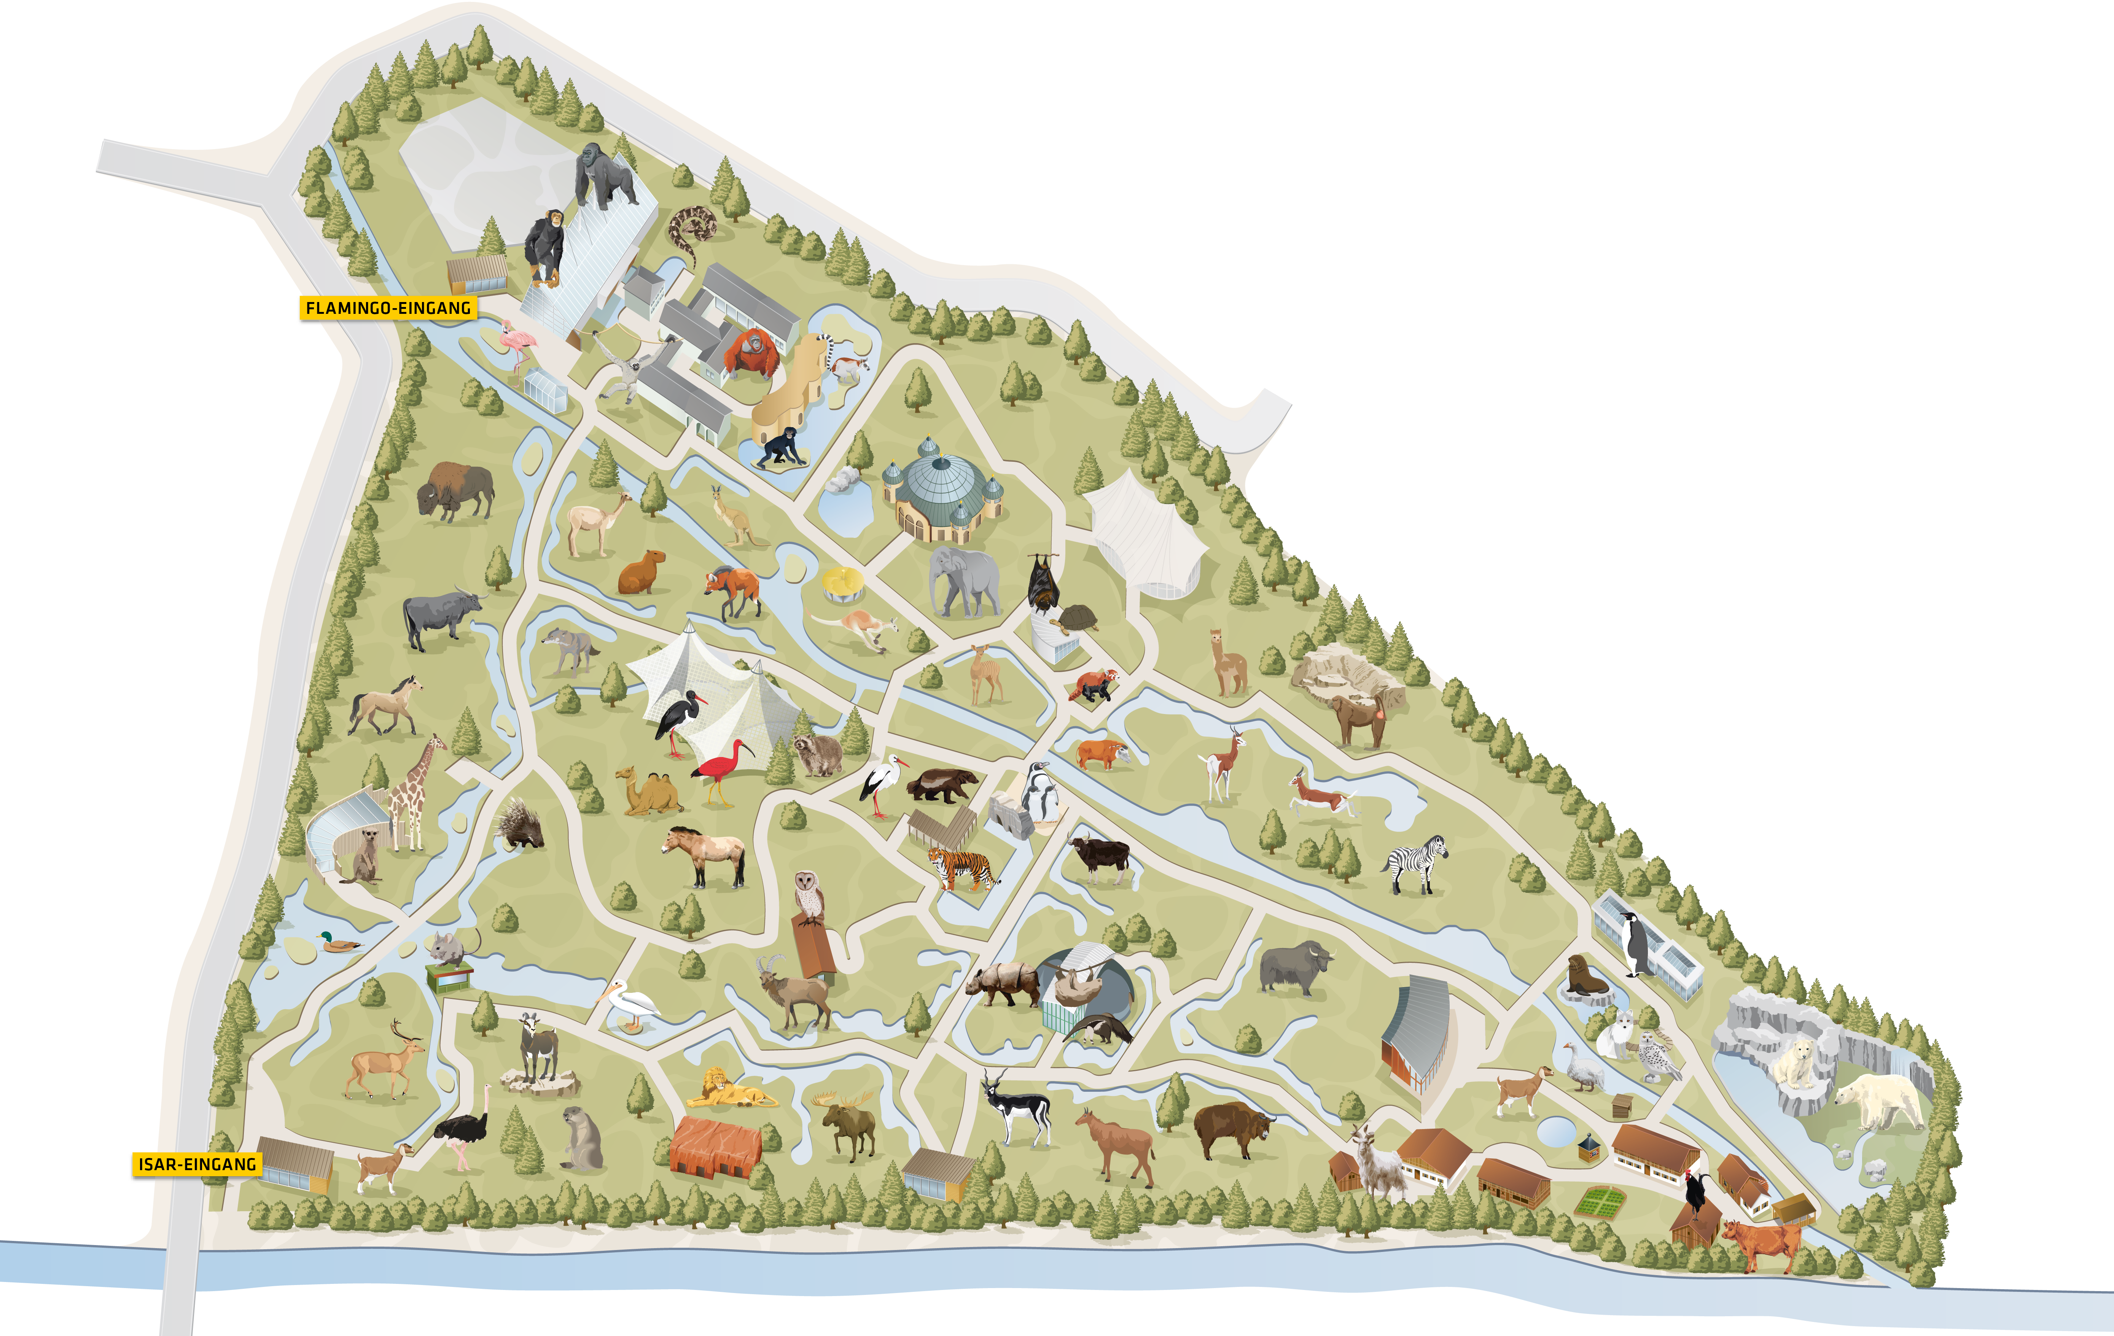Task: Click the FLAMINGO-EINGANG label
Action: [x=387, y=308]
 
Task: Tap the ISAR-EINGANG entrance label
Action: [x=197, y=1164]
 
